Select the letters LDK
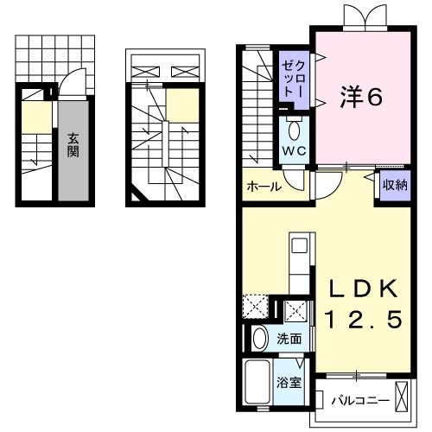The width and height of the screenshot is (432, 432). pyautogui.click(x=362, y=289)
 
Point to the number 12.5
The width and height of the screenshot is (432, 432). pyautogui.click(x=363, y=321)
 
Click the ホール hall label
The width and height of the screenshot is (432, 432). pyautogui.click(x=262, y=186)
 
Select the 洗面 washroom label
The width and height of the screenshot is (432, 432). pyautogui.click(x=289, y=339)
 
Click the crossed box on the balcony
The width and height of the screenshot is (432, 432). pyautogui.click(x=402, y=395)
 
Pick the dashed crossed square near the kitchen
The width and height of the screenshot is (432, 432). pyautogui.click(x=255, y=307)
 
